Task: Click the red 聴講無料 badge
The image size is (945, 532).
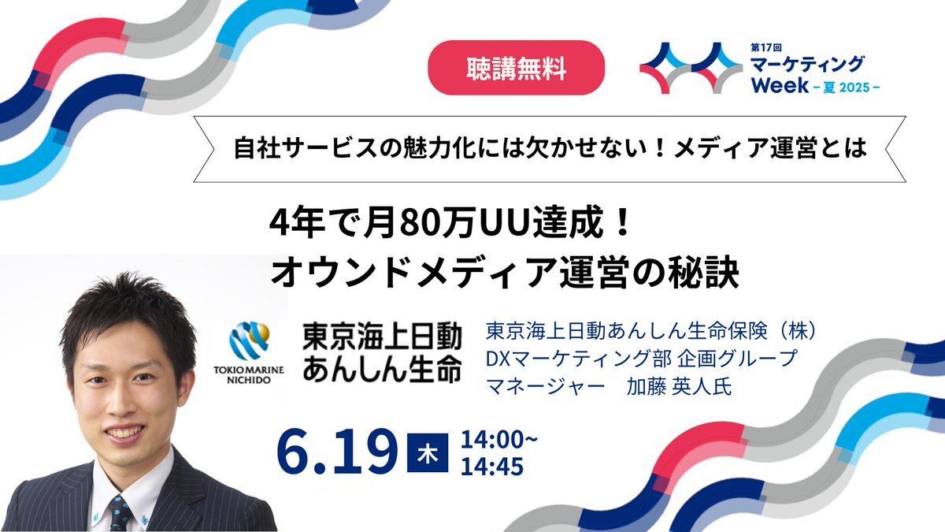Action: tap(516, 68)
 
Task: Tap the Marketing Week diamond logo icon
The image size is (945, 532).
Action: tap(691, 68)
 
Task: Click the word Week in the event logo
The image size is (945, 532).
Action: tap(780, 85)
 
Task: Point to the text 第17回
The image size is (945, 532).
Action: tap(766, 48)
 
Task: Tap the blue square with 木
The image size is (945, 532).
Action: tap(428, 452)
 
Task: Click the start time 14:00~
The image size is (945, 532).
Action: tap(499, 439)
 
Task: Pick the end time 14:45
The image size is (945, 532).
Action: tap(492, 466)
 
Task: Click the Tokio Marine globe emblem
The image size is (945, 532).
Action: tap(250, 340)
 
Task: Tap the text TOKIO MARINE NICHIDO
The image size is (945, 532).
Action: tap(249, 375)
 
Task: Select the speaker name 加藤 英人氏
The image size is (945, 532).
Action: tap(678, 386)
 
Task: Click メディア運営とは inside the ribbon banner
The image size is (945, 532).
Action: tap(770, 149)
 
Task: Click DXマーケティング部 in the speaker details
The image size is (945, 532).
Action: tap(578, 359)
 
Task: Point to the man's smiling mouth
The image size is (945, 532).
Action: tap(123, 432)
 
